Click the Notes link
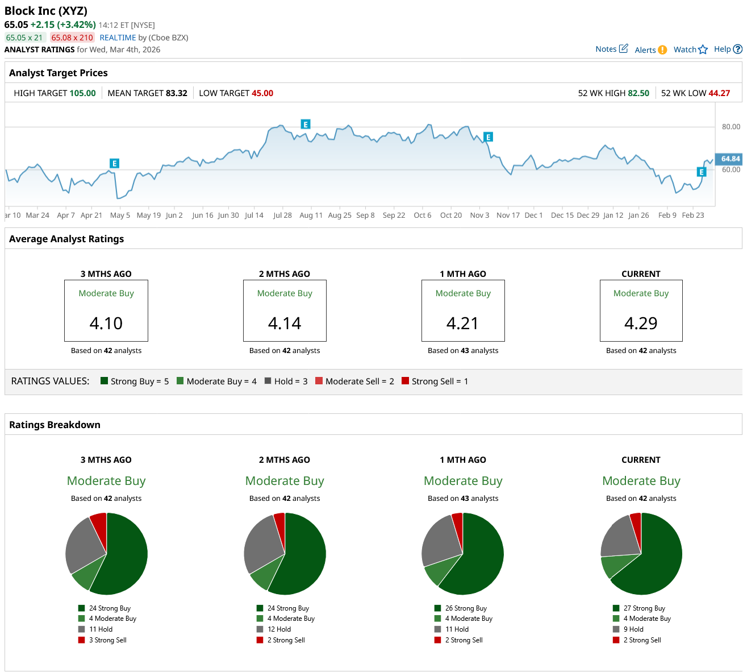611,49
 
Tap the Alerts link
650,50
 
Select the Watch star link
690,49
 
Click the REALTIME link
118,38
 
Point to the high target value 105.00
82,93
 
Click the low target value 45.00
262,93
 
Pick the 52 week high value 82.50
638,93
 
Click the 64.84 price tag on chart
730,159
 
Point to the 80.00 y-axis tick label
731,127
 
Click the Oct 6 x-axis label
422,215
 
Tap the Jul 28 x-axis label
282,215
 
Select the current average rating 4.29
641,323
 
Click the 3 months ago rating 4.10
106,323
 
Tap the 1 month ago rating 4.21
462,323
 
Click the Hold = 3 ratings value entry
286,381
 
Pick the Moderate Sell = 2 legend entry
354,381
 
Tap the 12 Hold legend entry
278,629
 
